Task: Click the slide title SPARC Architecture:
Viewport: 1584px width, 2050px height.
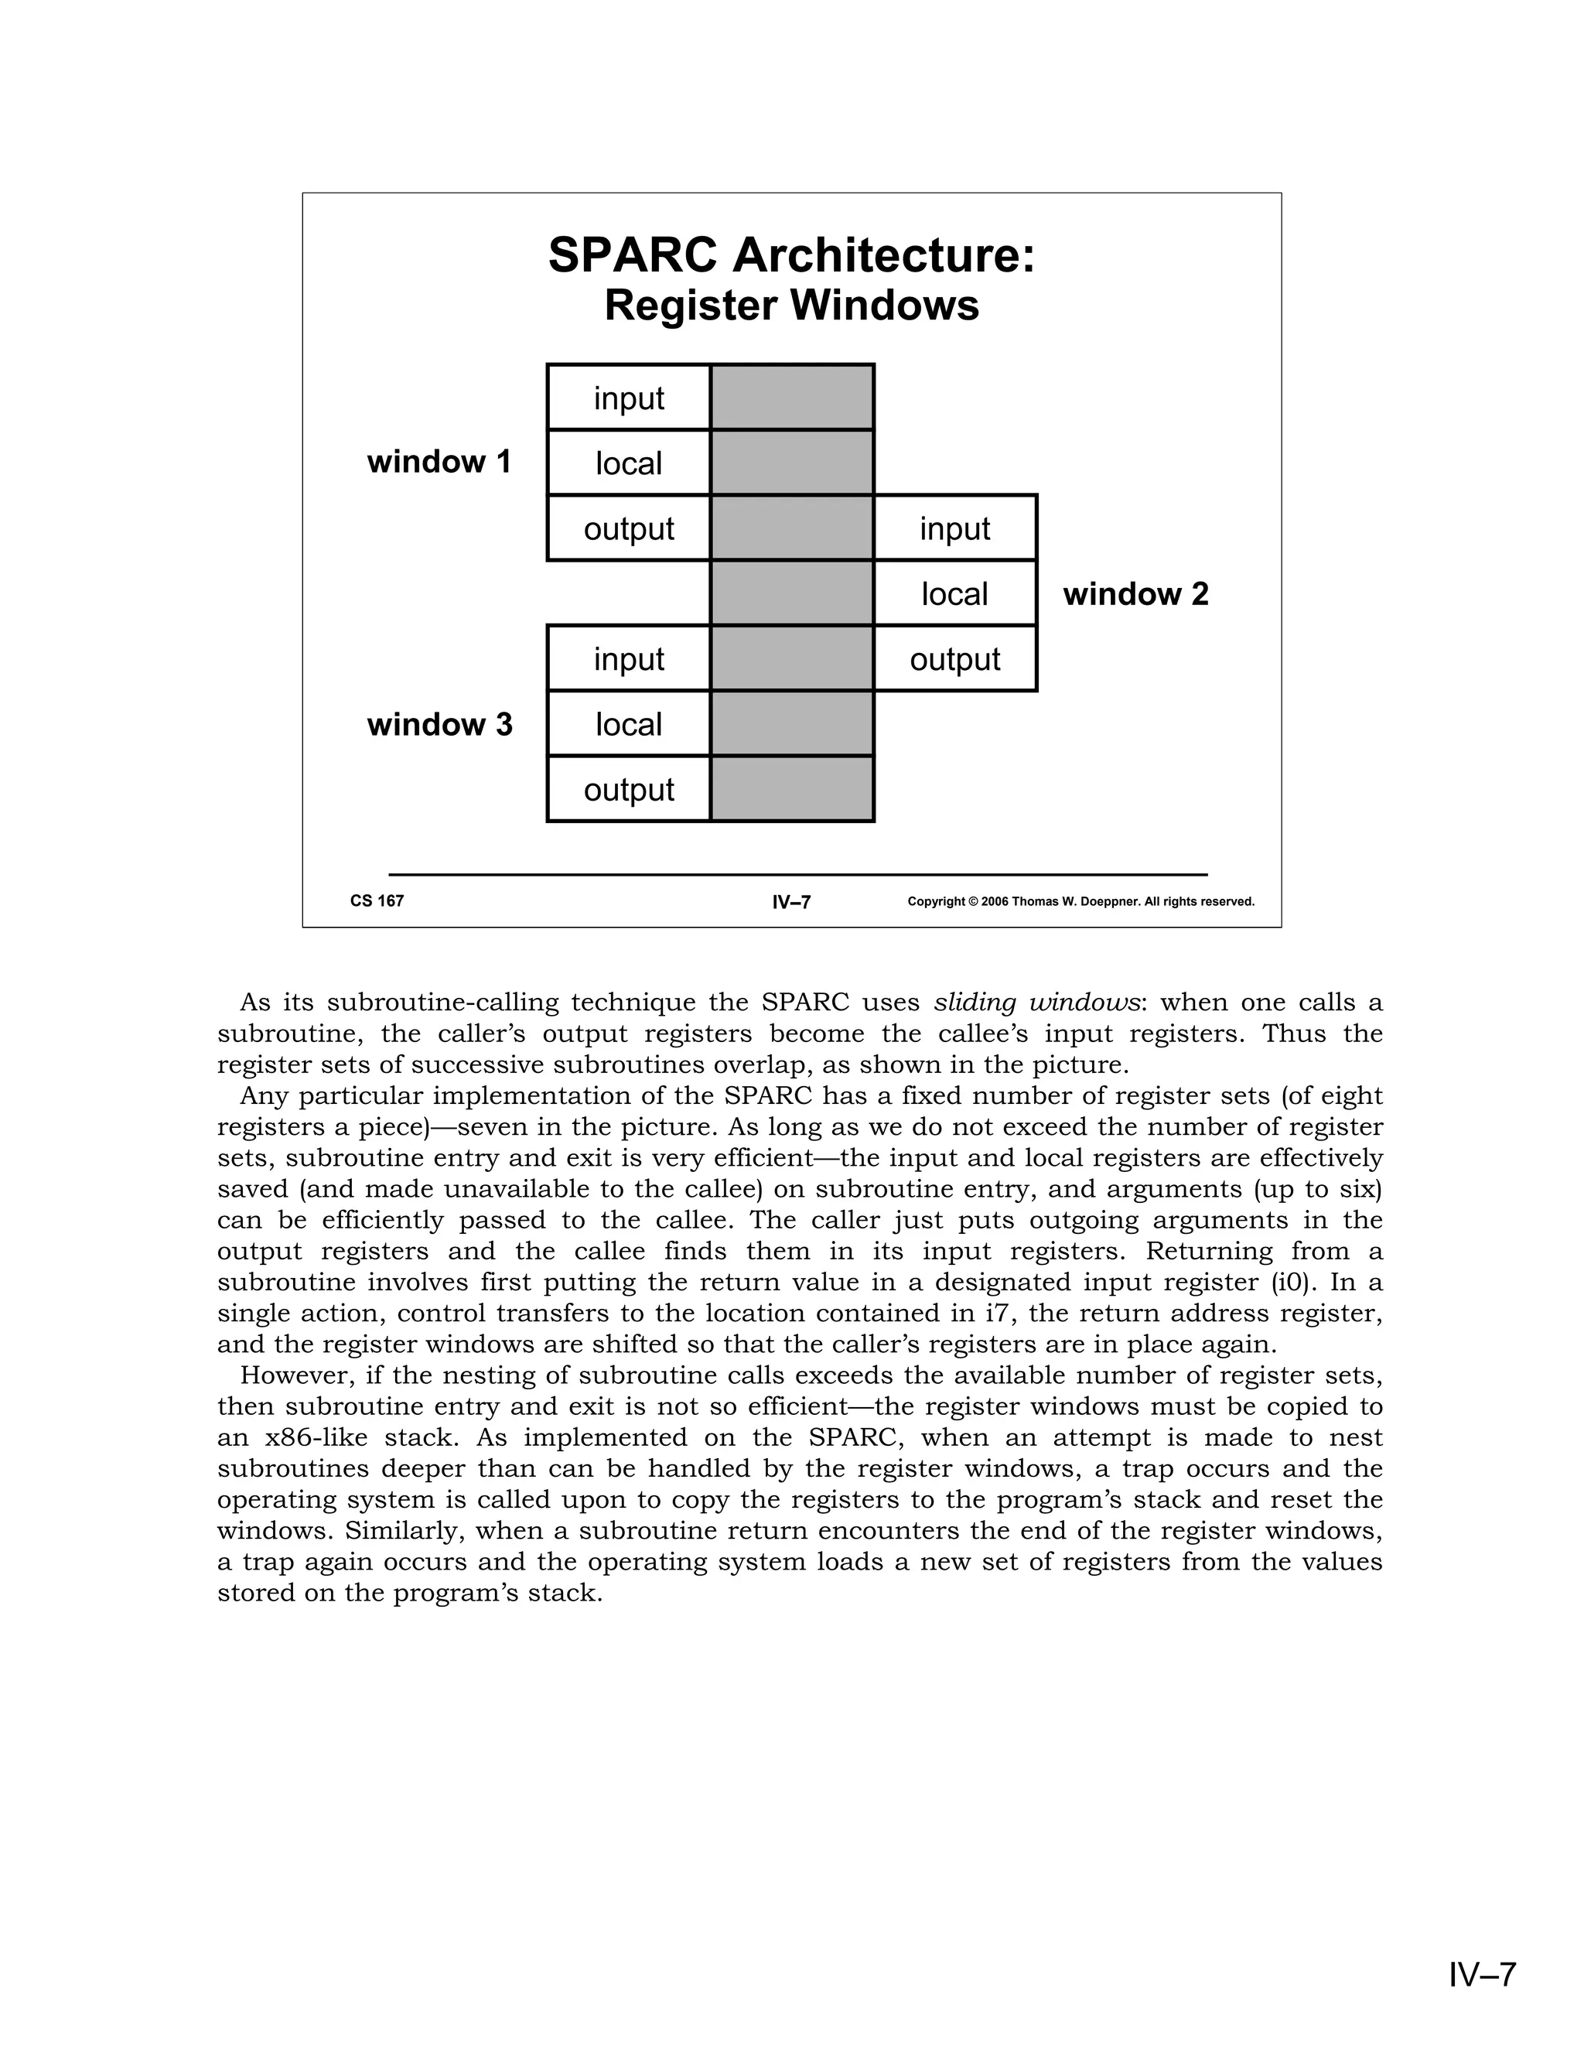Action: pyautogui.click(x=791, y=255)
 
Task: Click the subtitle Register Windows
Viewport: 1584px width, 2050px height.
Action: pyautogui.click(x=791, y=306)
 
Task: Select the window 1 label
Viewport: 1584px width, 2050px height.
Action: pyautogui.click(x=439, y=462)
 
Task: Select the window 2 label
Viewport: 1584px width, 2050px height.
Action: pyautogui.click(x=1135, y=594)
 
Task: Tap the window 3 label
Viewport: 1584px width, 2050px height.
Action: pyautogui.click(x=439, y=725)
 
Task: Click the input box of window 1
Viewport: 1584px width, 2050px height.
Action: pyautogui.click(x=629, y=398)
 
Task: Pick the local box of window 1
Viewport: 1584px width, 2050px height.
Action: pyautogui.click(x=629, y=463)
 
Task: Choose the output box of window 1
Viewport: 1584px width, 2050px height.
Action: pyautogui.click(x=629, y=528)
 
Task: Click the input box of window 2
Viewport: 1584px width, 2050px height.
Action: pyautogui.click(x=954, y=528)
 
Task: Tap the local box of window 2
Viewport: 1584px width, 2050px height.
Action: pyautogui.click(x=954, y=594)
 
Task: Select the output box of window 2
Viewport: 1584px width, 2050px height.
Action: pyautogui.click(x=954, y=659)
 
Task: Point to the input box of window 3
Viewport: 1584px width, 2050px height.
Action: pyautogui.click(x=629, y=659)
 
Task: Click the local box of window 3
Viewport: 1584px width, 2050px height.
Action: pyautogui.click(x=629, y=725)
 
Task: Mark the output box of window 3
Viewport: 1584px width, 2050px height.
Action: pyautogui.click(x=629, y=789)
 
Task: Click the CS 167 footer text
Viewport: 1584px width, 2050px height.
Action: pyautogui.click(x=377, y=901)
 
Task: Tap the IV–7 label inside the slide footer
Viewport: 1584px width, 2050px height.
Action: pyautogui.click(x=791, y=903)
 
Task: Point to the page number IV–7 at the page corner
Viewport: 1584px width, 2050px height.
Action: pyautogui.click(x=1482, y=1975)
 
